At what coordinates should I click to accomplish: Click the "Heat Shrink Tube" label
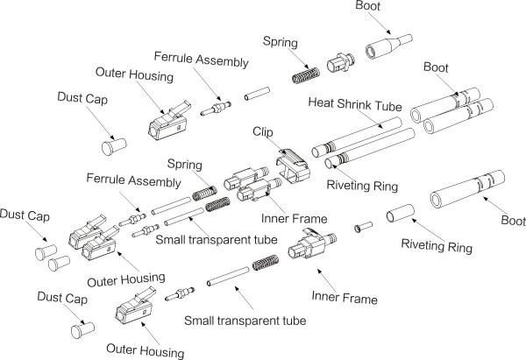(x=353, y=103)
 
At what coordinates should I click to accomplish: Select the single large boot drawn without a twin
(x=462, y=190)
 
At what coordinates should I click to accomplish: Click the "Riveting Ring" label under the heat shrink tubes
(x=361, y=186)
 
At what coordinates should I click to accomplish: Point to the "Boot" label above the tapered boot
(x=369, y=7)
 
